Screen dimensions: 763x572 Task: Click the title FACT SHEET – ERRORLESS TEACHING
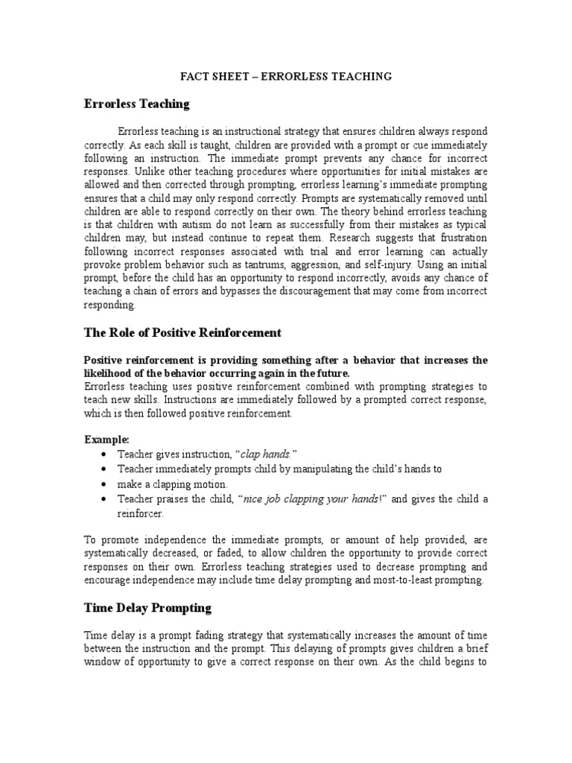tap(287, 76)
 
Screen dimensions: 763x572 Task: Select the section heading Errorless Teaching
tap(137, 104)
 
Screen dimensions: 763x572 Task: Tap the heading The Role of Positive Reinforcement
tap(182, 332)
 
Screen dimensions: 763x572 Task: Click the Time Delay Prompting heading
tap(147, 608)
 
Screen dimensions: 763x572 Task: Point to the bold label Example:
tap(106, 440)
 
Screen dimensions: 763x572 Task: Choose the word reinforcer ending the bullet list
tap(139, 513)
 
